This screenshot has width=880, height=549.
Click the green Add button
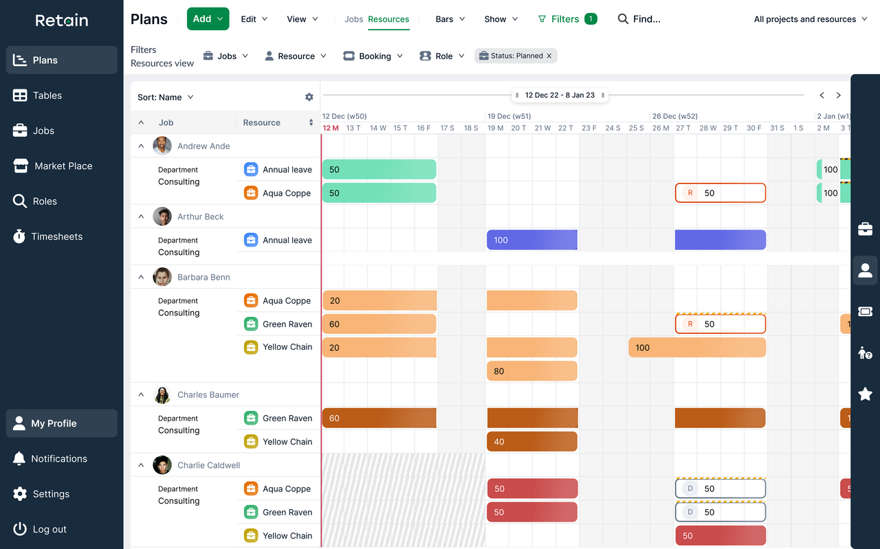coord(208,19)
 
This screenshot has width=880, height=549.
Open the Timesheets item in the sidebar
coord(56,236)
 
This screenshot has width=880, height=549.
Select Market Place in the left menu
coord(63,166)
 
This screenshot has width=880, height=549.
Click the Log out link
coord(49,529)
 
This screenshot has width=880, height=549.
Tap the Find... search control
coord(639,19)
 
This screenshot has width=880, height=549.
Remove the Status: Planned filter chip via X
coord(549,56)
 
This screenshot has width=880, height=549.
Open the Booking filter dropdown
coord(373,56)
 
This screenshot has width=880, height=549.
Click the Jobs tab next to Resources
coord(353,19)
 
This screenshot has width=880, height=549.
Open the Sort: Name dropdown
coord(166,97)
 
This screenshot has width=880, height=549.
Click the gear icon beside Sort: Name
coord(309,97)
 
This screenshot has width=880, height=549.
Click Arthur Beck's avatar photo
coord(162,216)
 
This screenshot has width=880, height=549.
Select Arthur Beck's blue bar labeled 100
coord(531,240)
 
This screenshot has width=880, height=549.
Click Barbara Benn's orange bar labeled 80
coord(531,371)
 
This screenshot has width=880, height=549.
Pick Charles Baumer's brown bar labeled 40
coord(531,442)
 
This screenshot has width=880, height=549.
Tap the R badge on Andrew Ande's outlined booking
coord(690,193)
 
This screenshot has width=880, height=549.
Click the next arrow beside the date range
coord(838,96)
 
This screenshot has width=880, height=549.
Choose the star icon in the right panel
coord(865,394)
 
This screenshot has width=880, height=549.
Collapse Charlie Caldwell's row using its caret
coord(141,465)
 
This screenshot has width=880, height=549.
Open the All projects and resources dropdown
coord(809,19)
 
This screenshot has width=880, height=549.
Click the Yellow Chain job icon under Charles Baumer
coord(251,442)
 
